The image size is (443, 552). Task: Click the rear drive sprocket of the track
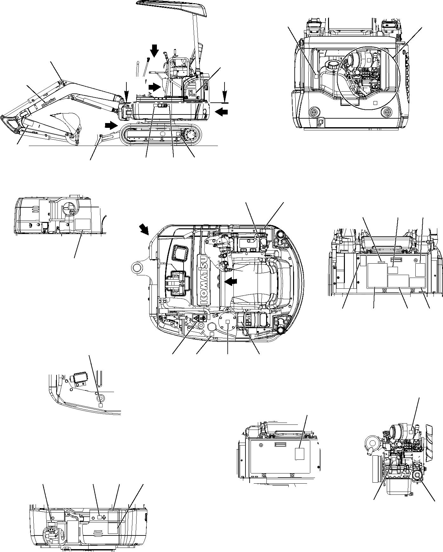tap(192, 135)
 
